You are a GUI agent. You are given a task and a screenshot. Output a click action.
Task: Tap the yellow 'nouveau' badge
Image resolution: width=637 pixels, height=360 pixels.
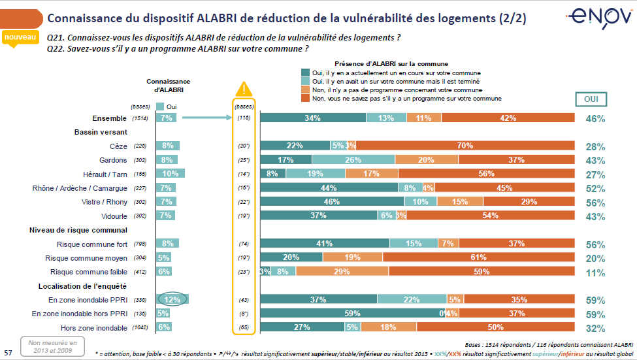pos(20,39)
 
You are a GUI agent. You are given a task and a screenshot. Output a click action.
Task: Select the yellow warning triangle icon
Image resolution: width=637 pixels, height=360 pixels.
pos(244,90)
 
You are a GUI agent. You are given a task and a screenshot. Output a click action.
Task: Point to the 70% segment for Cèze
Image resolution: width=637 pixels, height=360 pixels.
pos(465,146)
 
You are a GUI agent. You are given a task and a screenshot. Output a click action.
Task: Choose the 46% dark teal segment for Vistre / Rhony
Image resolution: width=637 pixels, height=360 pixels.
pos(331,202)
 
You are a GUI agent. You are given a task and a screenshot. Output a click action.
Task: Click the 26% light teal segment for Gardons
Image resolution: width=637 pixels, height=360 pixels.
pos(353,160)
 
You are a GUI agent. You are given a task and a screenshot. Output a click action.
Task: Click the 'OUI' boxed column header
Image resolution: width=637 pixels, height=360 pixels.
pos(590,99)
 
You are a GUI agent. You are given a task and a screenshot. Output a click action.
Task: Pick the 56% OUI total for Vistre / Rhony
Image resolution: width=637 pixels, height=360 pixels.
pos(595,203)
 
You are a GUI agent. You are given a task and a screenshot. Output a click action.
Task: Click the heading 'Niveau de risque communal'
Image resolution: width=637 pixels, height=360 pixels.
pos(78,230)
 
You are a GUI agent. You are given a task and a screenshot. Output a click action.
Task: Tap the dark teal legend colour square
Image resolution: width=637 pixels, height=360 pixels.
pos(304,73)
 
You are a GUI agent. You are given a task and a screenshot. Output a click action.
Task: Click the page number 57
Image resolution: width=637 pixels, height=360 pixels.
pos(8,352)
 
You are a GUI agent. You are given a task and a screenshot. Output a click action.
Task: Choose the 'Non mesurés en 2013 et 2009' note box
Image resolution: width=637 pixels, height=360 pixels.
pos(52,346)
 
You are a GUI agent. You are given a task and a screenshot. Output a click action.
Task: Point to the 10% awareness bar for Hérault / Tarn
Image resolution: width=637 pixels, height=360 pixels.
pos(170,174)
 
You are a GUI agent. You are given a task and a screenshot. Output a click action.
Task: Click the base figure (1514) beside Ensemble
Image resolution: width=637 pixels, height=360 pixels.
pos(140,118)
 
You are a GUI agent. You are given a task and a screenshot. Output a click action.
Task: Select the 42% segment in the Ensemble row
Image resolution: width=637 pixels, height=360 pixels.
pos(508,118)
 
